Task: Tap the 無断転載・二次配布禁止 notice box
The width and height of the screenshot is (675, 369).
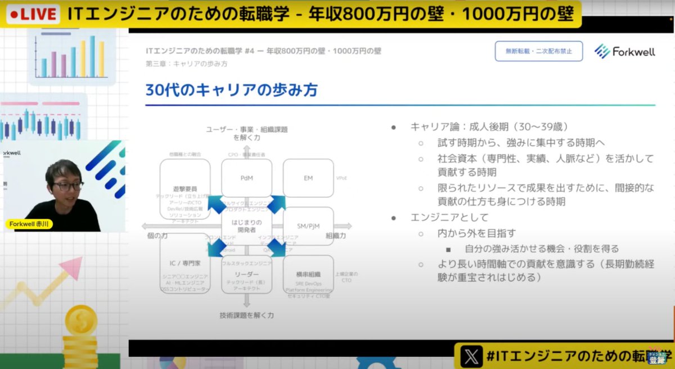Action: pyautogui.click(x=538, y=51)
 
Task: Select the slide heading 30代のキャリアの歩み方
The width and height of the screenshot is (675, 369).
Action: pyautogui.click(x=233, y=90)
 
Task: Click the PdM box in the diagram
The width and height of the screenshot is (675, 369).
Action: pyautogui.click(x=246, y=178)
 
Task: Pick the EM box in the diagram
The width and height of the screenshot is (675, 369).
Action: pyautogui.click(x=308, y=178)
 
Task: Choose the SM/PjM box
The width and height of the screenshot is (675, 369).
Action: pyautogui.click(x=308, y=226)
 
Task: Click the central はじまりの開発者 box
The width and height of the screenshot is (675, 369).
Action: pyautogui.click(x=246, y=225)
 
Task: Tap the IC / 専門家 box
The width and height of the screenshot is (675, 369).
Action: pyautogui.click(x=184, y=264)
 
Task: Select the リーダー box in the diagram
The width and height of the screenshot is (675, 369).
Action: pyautogui.click(x=246, y=274)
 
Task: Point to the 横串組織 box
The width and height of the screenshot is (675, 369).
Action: pyautogui.click(x=308, y=274)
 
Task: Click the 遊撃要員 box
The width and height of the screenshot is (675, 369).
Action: pyautogui.click(x=184, y=188)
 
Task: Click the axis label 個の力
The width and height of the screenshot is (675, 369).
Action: pyautogui.click(x=157, y=236)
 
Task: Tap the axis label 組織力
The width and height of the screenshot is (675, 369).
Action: pyautogui.click(x=336, y=236)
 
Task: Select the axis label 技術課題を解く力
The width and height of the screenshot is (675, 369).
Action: pyautogui.click(x=246, y=316)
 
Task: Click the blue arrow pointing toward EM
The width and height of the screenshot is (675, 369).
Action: pyautogui.click(x=276, y=204)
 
